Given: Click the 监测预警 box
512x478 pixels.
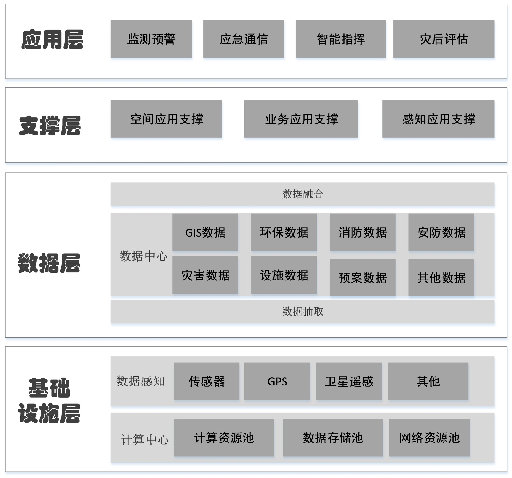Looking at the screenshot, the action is [151, 39].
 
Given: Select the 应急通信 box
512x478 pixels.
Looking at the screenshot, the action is [244, 39].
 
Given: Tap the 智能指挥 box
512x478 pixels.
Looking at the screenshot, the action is [340, 39].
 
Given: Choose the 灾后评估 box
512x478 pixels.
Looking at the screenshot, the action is [444, 39].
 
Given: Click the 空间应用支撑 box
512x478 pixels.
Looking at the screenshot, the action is [166, 119].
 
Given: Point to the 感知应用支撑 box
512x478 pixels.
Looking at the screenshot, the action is [438, 119].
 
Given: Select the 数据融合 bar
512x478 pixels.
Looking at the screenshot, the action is [302, 194].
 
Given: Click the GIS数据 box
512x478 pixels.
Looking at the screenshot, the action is [205, 232].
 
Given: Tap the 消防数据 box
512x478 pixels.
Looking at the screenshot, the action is [363, 232].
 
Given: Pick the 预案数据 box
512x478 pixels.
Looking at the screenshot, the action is [363, 278].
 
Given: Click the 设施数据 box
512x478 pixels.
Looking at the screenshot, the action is [284, 275].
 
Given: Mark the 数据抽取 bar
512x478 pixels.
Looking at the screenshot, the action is [302, 312].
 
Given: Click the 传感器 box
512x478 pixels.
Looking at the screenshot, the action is [206, 381].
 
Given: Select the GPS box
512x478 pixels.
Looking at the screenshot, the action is [277, 381].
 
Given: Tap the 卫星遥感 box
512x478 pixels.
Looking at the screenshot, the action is [349, 381].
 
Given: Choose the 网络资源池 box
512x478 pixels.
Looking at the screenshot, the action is [429, 438].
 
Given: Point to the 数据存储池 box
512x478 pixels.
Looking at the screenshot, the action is [333, 438].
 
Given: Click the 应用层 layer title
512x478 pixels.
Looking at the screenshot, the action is [52, 40].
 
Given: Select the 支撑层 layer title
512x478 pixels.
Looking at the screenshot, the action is [50, 126].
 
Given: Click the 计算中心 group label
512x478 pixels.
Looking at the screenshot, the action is [145, 440].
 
